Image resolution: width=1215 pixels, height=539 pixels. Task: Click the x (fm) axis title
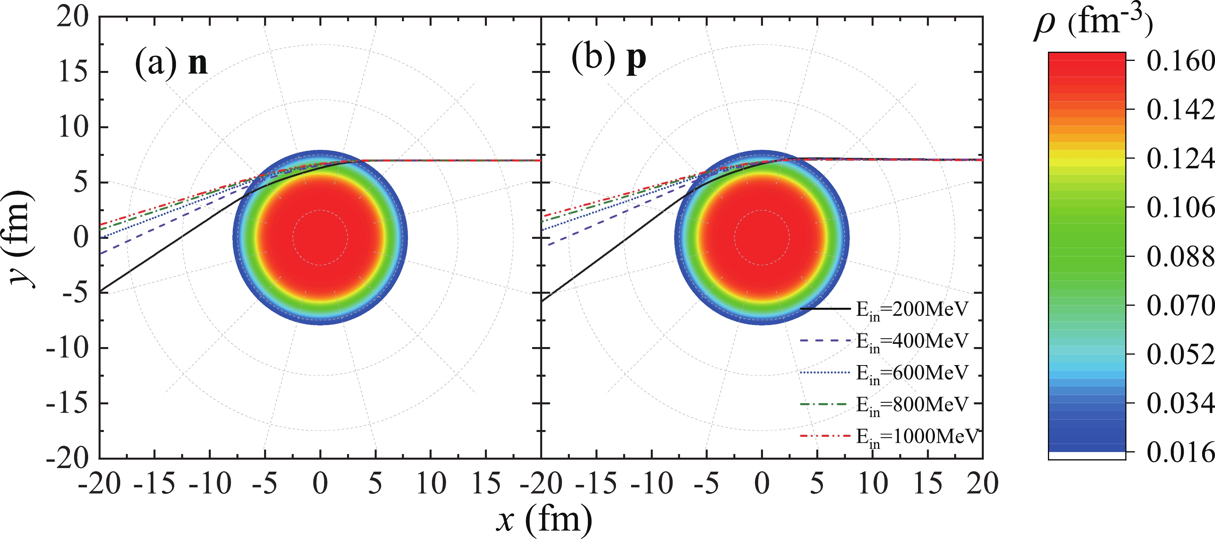click(x=544, y=519)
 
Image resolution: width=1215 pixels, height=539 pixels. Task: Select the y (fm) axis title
click(x=21, y=238)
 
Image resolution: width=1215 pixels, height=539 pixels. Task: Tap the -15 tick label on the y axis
click(x=67, y=404)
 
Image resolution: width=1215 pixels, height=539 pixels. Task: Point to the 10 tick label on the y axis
click(x=73, y=127)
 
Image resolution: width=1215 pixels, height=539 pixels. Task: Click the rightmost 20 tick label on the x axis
click(x=982, y=483)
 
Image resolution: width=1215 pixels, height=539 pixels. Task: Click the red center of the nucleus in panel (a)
click(x=320, y=237)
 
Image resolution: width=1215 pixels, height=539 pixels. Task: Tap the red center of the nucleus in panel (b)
click(x=762, y=237)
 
